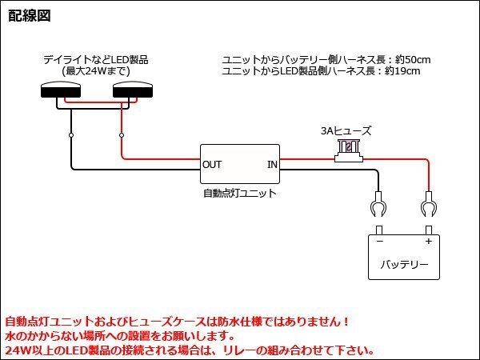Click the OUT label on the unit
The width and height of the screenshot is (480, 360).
(x=212, y=165)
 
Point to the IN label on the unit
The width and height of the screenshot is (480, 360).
(x=271, y=165)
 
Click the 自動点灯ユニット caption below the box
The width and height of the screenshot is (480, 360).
(x=239, y=193)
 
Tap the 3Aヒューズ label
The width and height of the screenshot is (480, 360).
(x=345, y=130)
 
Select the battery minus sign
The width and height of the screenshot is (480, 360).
(x=379, y=240)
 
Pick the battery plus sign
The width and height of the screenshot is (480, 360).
(x=428, y=240)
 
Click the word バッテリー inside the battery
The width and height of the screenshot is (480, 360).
(x=403, y=265)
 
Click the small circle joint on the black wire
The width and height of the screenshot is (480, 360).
(x=71, y=136)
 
